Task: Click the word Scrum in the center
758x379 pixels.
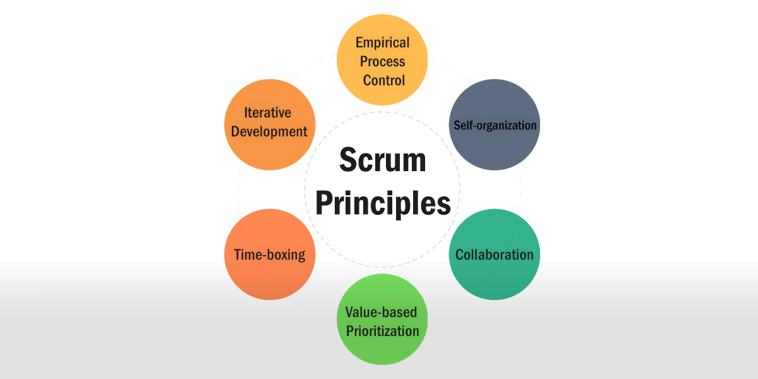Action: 382,160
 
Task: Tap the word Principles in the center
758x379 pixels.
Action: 383,203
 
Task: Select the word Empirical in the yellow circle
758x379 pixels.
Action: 382,43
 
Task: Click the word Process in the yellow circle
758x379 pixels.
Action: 382,62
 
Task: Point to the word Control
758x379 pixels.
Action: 384,81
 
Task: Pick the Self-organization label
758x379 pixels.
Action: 495,126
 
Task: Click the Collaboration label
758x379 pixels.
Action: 495,255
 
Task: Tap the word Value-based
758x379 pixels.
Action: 381,312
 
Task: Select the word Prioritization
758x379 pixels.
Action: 382,331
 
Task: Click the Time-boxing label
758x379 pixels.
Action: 270,255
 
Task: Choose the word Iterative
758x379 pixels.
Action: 267,112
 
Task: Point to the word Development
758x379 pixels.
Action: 269,132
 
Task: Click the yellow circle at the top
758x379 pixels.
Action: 382,59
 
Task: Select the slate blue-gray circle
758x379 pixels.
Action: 495,124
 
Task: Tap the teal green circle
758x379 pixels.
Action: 495,255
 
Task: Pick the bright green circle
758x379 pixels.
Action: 382,319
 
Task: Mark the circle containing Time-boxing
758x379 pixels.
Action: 270,255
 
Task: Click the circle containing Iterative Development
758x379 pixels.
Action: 270,124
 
